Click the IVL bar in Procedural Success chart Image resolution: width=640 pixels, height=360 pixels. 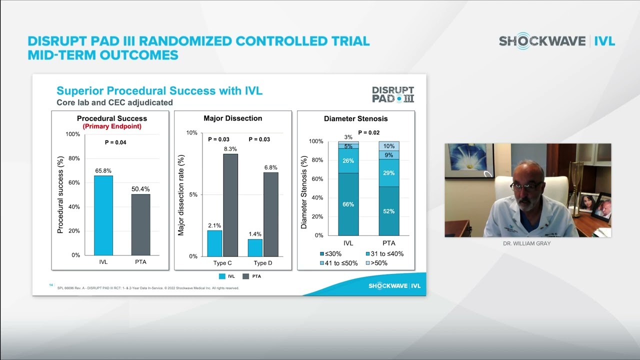click(x=103, y=215)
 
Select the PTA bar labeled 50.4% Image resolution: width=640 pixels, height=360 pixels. click(x=140, y=224)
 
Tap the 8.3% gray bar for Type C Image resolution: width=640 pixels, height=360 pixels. click(x=230, y=205)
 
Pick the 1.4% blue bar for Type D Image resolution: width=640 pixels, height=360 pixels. click(x=255, y=247)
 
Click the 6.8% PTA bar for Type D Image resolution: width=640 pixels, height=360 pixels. click(x=271, y=214)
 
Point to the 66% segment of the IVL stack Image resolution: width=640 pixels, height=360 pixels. click(x=348, y=204)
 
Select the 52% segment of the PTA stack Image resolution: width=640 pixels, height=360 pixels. click(x=388, y=211)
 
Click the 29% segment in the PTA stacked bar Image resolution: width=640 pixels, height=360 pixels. click(x=388, y=173)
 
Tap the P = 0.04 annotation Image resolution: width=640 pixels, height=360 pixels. click(x=115, y=142)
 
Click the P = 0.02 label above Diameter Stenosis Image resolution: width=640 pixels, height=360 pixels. click(x=368, y=133)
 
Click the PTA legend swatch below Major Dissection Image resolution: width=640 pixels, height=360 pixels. click(x=246, y=276)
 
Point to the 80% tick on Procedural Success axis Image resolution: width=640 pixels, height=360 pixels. click(x=73, y=158)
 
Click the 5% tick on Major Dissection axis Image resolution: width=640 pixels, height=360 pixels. click(x=192, y=194)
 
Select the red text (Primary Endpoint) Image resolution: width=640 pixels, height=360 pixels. click(x=112, y=126)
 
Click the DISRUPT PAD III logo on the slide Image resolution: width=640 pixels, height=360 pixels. click(x=393, y=94)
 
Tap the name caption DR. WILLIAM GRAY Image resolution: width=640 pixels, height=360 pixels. click(x=527, y=243)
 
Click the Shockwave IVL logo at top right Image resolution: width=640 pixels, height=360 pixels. click(x=556, y=41)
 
